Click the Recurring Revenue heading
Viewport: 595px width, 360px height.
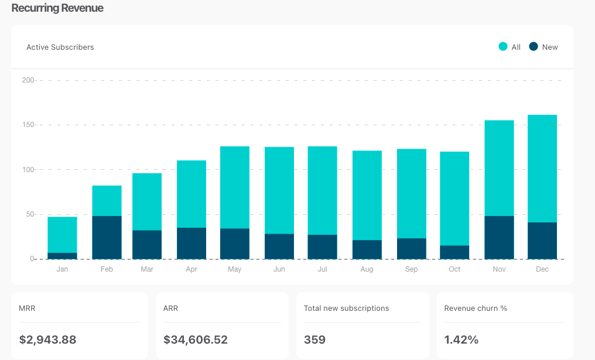click(x=57, y=9)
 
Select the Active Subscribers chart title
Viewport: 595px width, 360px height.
click(x=60, y=47)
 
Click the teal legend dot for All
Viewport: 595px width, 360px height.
click(x=503, y=47)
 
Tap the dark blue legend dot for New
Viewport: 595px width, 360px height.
click(x=534, y=47)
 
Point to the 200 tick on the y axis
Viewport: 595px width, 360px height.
click(x=28, y=80)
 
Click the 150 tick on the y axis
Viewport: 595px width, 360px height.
click(x=28, y=125)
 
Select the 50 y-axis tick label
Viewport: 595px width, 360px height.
click(x=29, y=214)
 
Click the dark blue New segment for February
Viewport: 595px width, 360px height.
click(x=107, y=238)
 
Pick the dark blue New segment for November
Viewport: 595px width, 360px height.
click(x=499, y=238)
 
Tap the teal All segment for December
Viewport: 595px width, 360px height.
click(x=542, y=169)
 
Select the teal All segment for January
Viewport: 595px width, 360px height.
click(x=62, y=235)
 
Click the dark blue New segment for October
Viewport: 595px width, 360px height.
click(x=454, y=252)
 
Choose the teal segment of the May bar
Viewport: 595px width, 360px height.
click(x=235, y=187)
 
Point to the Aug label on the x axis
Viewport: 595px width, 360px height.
click(x=367, y=269)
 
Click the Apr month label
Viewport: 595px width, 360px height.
click(x=192, y=269)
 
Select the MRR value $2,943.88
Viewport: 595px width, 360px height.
click(x=47, y=340)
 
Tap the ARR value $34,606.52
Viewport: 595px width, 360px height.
click(x=196, y=340)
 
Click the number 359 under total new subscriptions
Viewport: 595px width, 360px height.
click(x=314, y=340)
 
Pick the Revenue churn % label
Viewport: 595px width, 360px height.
click(x=476, y=308)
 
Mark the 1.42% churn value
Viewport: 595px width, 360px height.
click(x=461, y=340)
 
